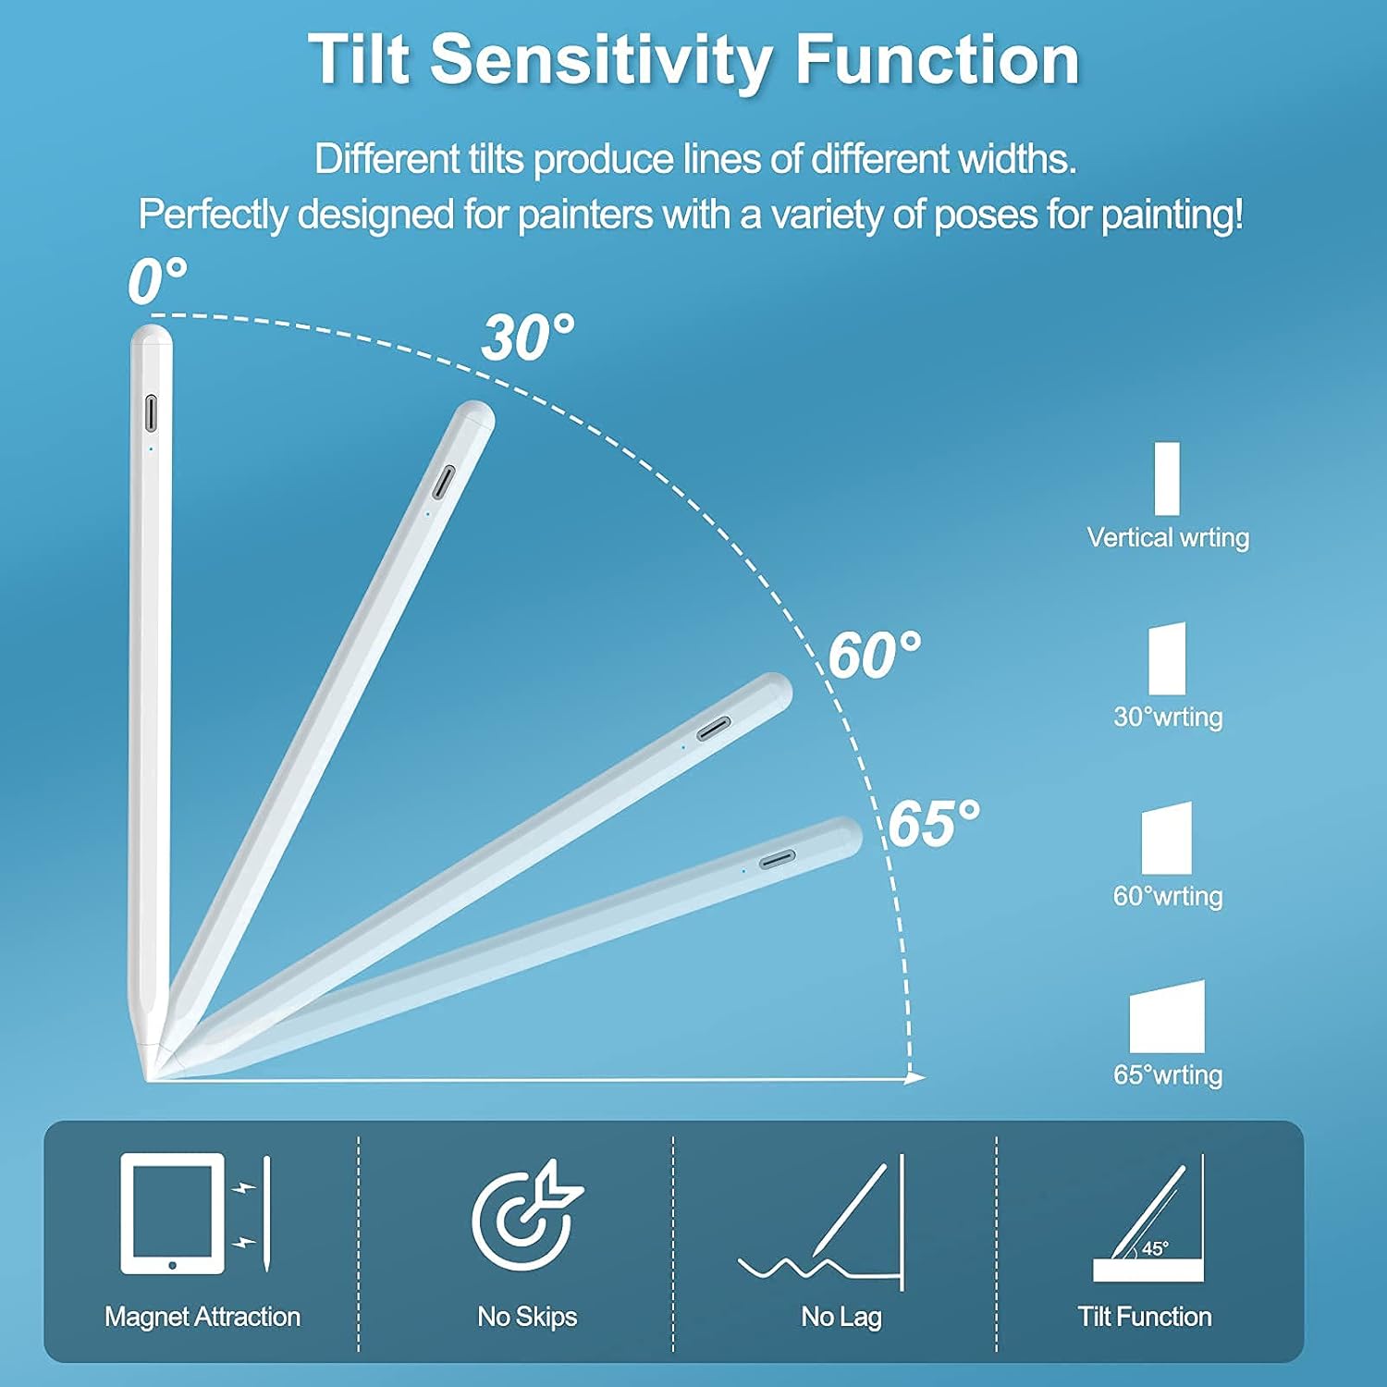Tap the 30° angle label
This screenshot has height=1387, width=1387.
pos(527,338)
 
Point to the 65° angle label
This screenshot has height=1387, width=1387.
pos(934,823)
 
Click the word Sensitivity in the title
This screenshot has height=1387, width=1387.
pos(600,60)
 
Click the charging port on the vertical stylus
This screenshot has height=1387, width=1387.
pos(151,413)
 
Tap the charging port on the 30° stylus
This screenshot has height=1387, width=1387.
pos(445,482)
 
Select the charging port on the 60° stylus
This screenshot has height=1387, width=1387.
pos(713,729)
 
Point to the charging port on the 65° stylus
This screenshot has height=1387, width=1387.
pos(777,860)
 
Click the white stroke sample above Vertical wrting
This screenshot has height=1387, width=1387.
pos(1167,478)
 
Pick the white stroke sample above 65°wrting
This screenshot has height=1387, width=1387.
pos(1167,1017)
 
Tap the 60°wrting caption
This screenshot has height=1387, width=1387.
pos(1168,896)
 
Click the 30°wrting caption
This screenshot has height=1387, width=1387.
pos(1168,717)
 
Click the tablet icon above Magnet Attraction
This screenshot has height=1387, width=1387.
pos(173,1213)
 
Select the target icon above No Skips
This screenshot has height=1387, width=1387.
pos(525,1213)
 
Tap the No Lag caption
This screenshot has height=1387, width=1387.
pos(841,1317)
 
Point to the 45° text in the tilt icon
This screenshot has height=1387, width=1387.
pos(1155,1248)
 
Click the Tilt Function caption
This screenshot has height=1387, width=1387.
pos(1145,1317)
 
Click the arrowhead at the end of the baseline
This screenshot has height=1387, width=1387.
pos(914,1078)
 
